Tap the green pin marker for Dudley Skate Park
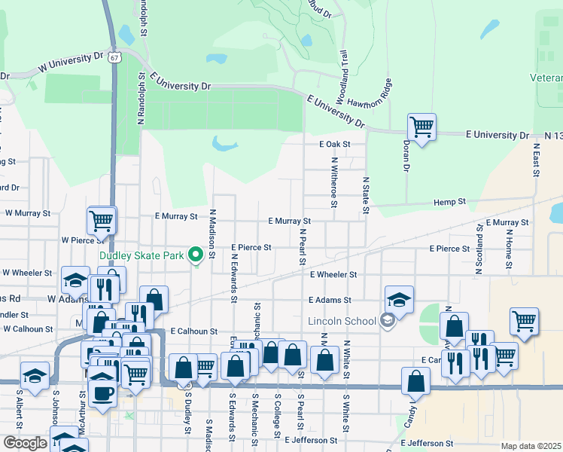pos(196,255)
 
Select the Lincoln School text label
pos(342,322)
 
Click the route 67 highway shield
pos(114,57)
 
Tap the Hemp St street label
pos(450,203)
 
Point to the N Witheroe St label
pos(333,183)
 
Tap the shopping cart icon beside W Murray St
pos(102,220)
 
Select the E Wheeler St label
pos(332,275)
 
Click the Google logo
pos(25,443)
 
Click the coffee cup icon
pos(102,391)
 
